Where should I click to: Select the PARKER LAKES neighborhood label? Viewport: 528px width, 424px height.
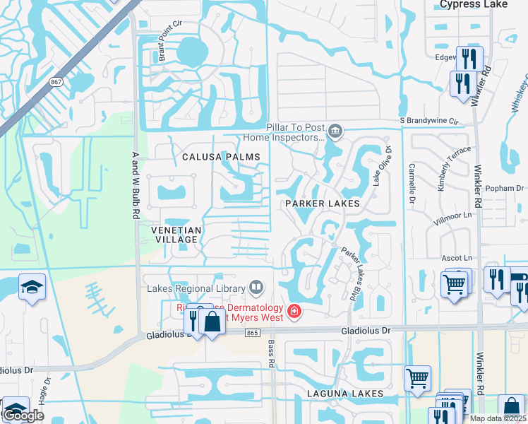[x=323, y=204]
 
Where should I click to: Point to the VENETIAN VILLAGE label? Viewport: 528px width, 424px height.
[x=176, y=235]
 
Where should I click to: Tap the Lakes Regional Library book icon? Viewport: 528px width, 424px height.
[x=256, y=288]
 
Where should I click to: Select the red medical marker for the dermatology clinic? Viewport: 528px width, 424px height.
[x=294, y=311]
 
